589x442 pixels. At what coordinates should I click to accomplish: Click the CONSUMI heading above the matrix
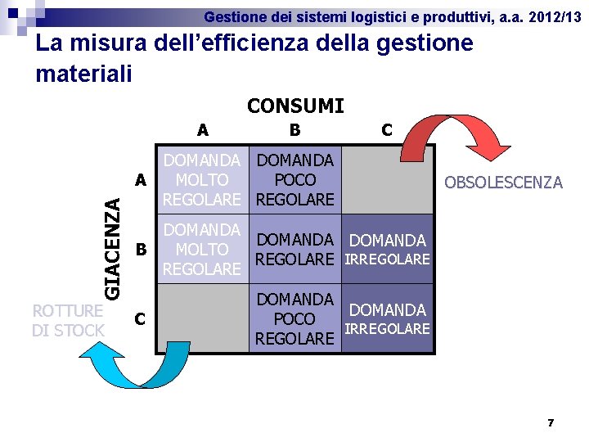(295, 106)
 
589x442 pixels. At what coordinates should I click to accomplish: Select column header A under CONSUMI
(202, 129)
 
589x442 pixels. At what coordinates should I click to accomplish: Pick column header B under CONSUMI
(294, 129)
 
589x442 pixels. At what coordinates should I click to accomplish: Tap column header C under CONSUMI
(386, 129)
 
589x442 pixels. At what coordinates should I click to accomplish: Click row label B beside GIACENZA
(142, 249)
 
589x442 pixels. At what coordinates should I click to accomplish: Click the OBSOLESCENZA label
(502, 183)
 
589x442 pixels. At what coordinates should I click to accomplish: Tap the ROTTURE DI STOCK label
(68, 320)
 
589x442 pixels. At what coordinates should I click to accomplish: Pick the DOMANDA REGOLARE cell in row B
(294, 250)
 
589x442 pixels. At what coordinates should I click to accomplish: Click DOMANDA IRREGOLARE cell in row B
(387, 250)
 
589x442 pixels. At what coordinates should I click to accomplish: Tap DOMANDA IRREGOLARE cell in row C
(387, 318)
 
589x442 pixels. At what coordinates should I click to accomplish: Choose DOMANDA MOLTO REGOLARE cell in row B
(202, 249)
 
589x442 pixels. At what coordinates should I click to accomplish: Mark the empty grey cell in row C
(202, 318)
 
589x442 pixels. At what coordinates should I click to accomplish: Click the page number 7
(551, 423)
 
